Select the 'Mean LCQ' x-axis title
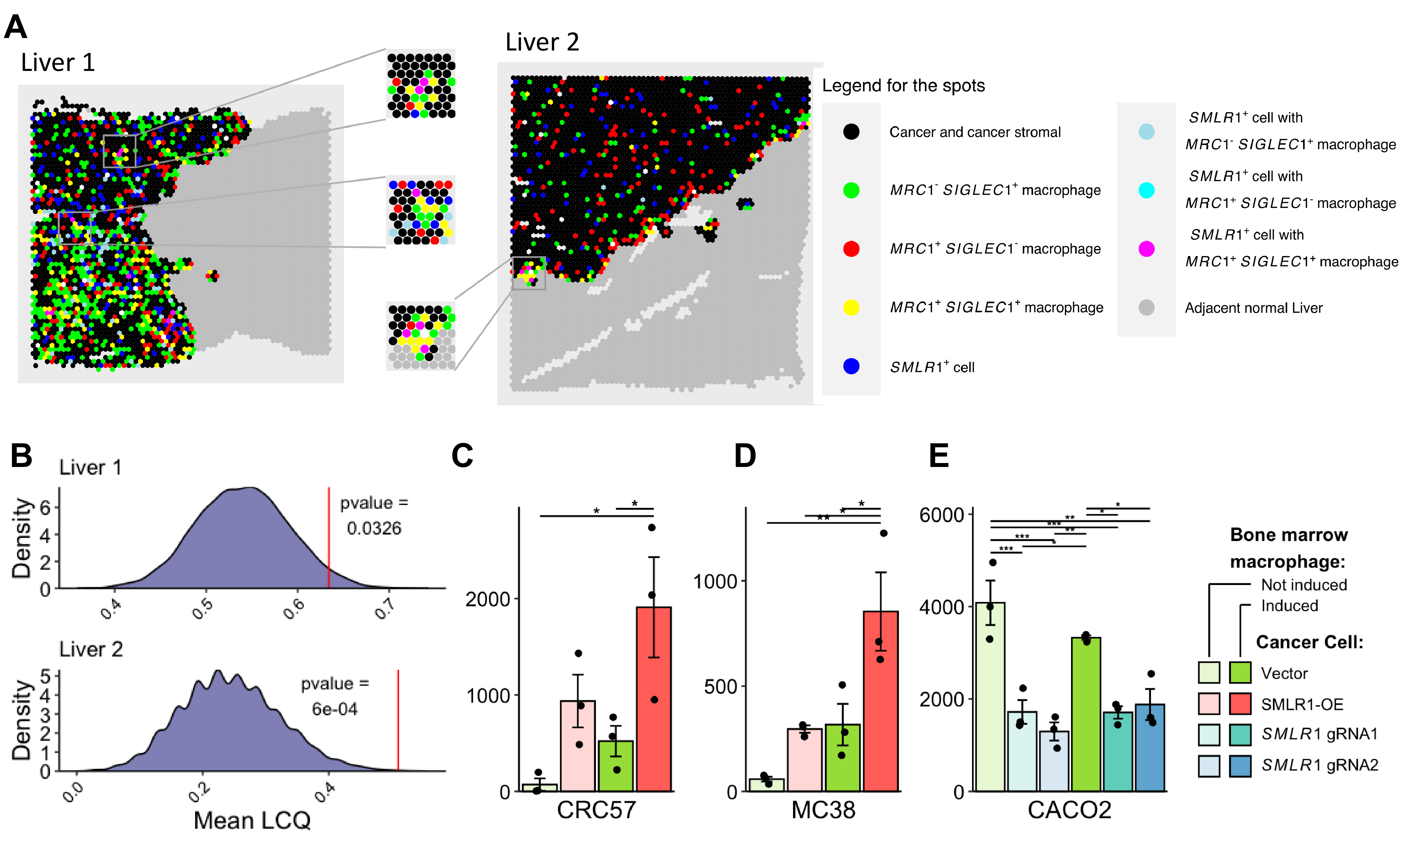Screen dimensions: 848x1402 tap(252, 820)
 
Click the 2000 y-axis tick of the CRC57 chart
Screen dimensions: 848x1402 tap(488, 599)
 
